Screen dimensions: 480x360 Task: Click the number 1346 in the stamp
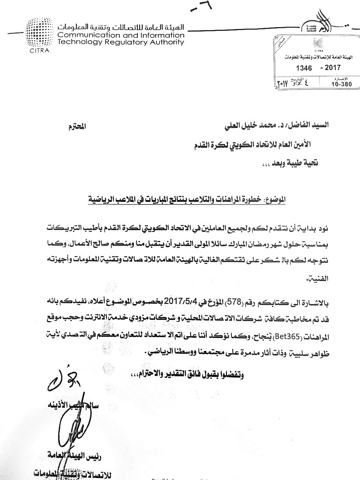tap(304, 69)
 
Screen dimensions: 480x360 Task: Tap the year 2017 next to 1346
tap(332, 68)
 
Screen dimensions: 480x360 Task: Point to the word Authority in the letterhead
tap(165, 42)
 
